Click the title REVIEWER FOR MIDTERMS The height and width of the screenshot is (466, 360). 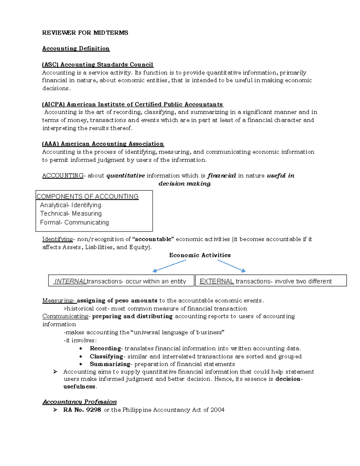[x=85, y=33]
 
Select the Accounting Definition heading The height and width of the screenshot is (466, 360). [x=76, y=49]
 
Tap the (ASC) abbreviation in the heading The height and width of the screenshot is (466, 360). [x=50, y=65]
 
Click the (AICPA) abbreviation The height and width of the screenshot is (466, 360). [x=53, y=104]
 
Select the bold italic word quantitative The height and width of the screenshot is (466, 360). [x=126, y=176]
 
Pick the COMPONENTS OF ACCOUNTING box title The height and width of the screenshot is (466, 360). [x=87, y=197]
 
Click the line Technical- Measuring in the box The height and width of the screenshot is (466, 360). [x=71, y=214]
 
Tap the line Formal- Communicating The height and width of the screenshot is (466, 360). [x=74, y=223]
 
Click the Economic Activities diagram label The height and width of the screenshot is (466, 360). [x=200, y=255]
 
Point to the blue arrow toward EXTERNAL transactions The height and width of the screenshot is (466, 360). [x=232, y=266]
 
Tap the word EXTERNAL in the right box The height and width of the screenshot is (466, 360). [x=217, y=281]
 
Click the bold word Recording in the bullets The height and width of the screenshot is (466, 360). [x=105, y=349]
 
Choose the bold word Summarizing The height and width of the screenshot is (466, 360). [x=110, y=364]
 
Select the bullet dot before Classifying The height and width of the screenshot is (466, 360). [x=81, y=357]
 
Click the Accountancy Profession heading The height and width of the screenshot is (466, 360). [x=79, y=402]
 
